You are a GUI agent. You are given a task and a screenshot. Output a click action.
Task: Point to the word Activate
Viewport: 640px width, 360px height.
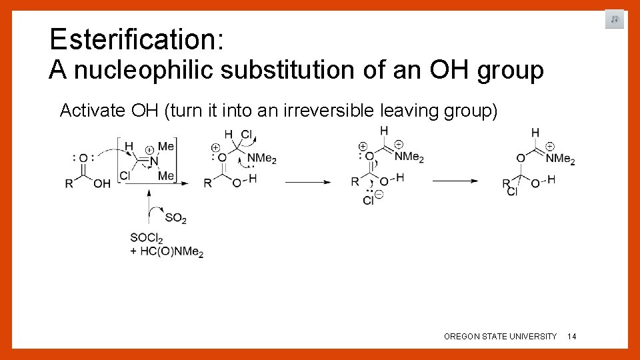click(x=91, y=110)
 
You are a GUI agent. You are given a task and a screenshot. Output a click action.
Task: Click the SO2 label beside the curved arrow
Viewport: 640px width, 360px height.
click(x=175, y=218)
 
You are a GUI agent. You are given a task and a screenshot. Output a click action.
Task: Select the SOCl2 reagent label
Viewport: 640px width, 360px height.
click(x=147, y=238)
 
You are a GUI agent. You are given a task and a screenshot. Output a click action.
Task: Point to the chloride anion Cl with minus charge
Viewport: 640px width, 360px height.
click(x=370, y=199)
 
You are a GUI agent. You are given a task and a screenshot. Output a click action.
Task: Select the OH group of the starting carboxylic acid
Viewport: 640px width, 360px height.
click(x=102, y=184)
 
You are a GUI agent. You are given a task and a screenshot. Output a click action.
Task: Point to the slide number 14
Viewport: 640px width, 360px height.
click(x=572, y=337)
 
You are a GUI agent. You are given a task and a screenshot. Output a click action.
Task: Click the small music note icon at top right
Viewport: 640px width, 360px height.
click(x=614, y=19)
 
